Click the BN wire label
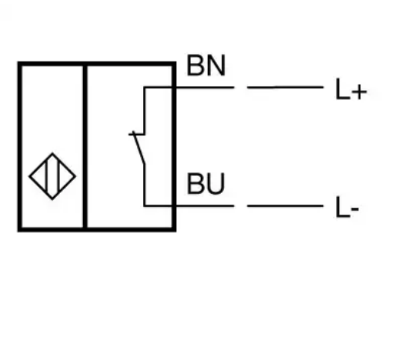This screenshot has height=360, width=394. coord(206,65)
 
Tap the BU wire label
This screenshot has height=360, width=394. coord(206,183)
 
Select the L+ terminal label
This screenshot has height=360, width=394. coord(351,89)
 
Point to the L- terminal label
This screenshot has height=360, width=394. coord(347,207)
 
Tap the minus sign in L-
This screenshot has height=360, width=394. coord(355,208)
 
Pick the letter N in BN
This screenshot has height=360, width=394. coord(216,65)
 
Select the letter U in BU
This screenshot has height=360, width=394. coord(216,184)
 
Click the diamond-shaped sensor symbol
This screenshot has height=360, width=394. coord(52,176)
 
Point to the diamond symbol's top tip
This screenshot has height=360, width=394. coord(52,153)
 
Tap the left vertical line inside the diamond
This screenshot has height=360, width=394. coord(46,176)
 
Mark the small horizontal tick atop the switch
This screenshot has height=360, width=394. coord(136,134)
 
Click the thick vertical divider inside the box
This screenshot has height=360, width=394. coord(85,147)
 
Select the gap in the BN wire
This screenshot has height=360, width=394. coord(241,88)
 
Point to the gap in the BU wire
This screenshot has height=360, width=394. coord(241,205)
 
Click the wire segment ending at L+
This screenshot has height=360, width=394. coord(285,88)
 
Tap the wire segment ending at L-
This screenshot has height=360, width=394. coord(285,205)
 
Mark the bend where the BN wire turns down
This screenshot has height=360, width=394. coord(145,88)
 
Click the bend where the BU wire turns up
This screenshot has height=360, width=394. coord(145,205)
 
